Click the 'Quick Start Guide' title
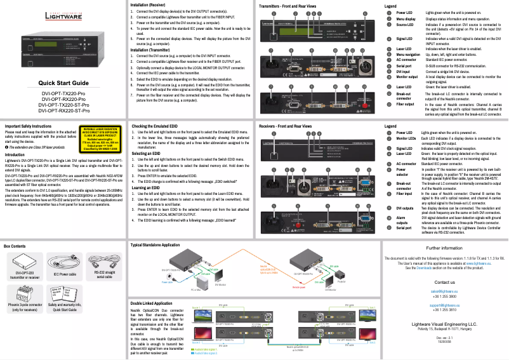tap(63, 83)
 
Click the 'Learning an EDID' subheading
tap(147, 188)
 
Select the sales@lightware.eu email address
tap(444, 290)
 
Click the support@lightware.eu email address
tap(444, 305)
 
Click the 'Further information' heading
tap(444, 248)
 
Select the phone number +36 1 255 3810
tap(444, 309)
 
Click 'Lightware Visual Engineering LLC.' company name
tap(444, 323)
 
